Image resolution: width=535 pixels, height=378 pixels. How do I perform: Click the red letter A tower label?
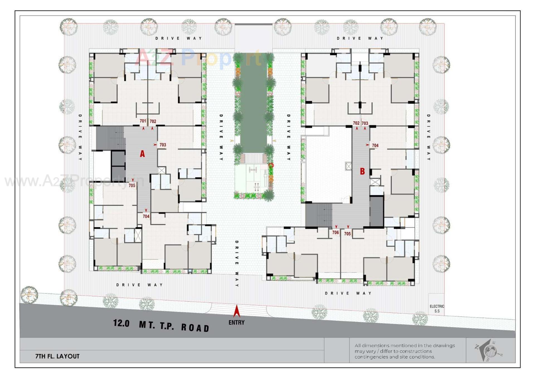142,153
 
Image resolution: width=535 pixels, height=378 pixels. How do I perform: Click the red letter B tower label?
362,171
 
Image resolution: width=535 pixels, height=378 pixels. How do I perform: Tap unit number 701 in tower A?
143,121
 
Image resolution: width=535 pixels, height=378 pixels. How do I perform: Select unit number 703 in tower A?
163,145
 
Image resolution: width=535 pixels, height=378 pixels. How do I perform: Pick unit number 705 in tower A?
132,185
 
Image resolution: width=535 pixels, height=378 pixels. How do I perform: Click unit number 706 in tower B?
335,232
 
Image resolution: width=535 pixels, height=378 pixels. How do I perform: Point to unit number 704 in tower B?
375,145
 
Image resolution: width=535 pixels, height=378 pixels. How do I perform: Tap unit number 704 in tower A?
146,216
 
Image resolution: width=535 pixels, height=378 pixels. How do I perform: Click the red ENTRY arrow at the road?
237,311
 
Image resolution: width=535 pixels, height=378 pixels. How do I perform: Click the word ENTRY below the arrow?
237,323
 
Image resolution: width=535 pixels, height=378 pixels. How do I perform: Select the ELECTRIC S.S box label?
437,308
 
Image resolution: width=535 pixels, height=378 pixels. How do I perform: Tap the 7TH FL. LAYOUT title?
57,356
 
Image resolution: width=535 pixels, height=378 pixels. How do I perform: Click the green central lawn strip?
253,106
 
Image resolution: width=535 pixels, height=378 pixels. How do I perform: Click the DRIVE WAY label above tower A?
178,38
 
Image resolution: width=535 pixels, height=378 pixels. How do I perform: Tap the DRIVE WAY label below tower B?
348,293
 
